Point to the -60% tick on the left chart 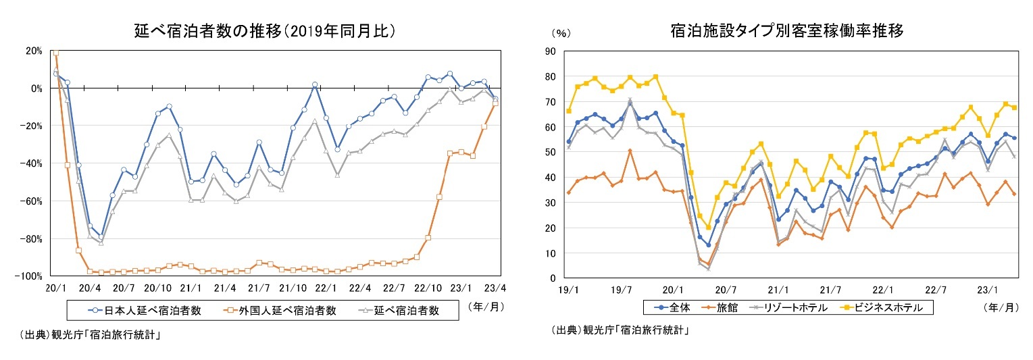[x=32, y=201]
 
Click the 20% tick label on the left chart [x=34, y=51]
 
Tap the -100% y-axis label [x=31, y=276]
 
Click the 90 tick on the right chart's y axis [x=550, y=51]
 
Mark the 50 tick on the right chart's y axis [x=550, y=152]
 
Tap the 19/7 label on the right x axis [x=620, y=290]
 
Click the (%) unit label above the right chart [x=561, y=32]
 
